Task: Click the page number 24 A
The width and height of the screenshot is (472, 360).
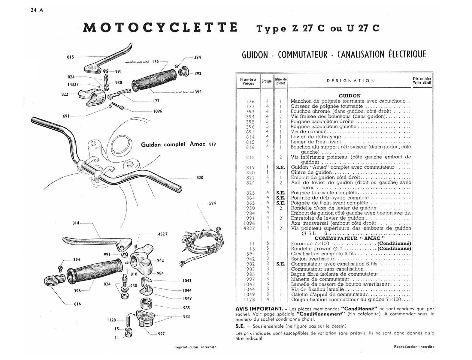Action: click(37, 10)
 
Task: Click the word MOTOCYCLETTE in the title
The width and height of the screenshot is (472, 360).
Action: click(160, 27)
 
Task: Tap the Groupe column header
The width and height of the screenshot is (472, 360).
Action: click(266, 81)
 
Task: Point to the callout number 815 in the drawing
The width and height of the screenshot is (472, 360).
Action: click(70, 57)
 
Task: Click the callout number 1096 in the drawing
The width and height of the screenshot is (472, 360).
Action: click(157, 111)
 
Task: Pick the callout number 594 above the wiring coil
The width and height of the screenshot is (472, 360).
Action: click(212, 203)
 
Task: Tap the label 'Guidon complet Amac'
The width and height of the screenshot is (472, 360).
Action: click(173, 144)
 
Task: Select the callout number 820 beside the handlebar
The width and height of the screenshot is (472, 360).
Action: click(200, 178)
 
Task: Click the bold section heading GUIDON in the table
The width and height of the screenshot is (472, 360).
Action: click(349, 96)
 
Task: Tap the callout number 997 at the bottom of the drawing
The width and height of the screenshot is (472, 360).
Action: click(161, 334)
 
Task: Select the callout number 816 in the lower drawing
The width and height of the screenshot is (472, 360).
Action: click(77, 304)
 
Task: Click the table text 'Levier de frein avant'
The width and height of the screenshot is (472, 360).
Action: click(316, 142)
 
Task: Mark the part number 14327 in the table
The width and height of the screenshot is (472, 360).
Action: click(248, 228)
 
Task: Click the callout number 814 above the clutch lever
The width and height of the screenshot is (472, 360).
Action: click(76, 223)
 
